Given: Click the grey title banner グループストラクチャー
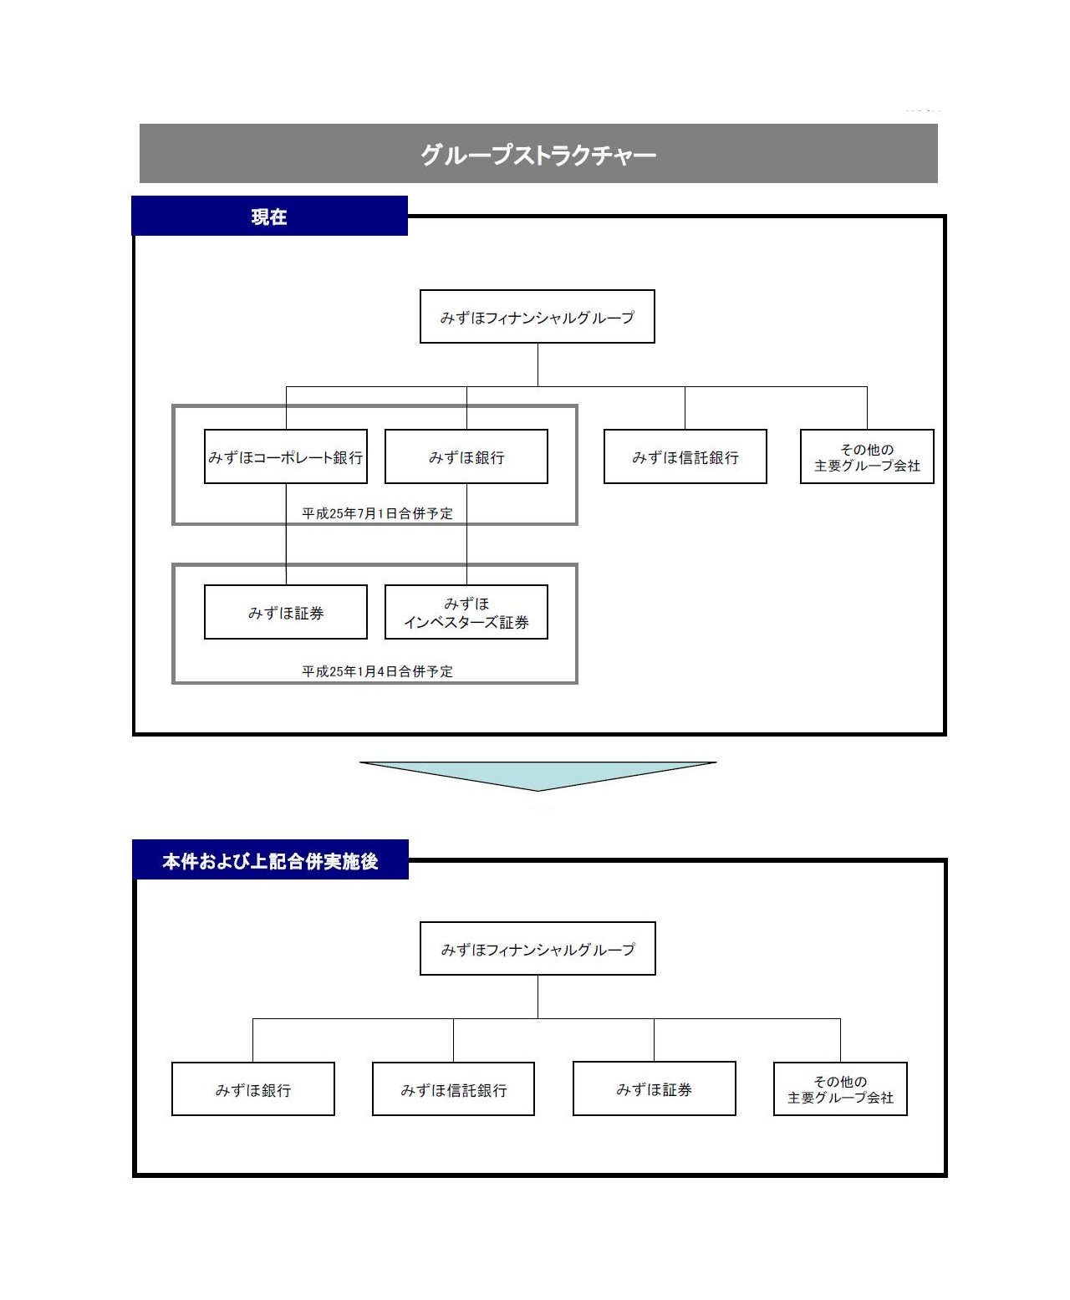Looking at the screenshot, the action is (x=538, y=154).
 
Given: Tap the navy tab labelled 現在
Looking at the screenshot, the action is (x=269, y=216).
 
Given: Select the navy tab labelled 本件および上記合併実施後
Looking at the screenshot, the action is (x=270, y=860).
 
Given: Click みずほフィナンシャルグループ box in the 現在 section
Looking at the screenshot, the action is (x=537, y=317).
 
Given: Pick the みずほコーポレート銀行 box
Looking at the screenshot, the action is (x=285, y=456).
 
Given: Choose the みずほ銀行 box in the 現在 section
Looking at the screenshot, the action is (x=466, y=456).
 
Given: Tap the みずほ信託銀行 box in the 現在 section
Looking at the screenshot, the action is (x=685, y=456).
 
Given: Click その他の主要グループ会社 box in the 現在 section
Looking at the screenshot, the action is (x=867, y=456).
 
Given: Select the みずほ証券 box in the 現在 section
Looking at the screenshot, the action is (x=285, y=612).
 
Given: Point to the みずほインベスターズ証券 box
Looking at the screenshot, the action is (x=466, y=612).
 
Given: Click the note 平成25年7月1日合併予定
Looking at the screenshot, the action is (x=377, y=513).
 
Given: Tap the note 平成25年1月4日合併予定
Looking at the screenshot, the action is (x=377, y=671).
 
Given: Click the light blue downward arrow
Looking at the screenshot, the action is (x=538, y=773).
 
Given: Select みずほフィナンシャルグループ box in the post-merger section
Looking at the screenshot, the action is (x=538, y=949).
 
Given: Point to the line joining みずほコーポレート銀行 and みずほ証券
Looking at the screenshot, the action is (x=286, y=534).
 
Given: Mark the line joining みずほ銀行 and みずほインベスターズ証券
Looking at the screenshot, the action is (x=466, y=534).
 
